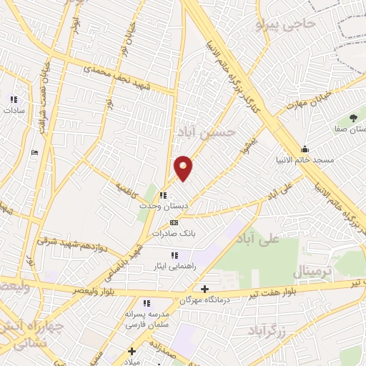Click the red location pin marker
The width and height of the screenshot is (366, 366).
pos(184,168)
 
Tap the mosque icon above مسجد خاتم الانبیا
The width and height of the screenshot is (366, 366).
pos(305,149)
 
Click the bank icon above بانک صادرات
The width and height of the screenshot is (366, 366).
pos(174,223)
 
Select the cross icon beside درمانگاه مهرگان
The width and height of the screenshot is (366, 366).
pos(205,290)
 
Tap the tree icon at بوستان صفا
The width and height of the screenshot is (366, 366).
pos(353,118)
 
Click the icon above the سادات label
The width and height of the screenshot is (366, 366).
pos(13,100)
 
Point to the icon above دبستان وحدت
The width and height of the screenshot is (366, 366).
pos(164,195)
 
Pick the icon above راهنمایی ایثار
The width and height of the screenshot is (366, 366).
pos(173,255)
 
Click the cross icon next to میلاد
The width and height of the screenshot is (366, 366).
pos(132,350)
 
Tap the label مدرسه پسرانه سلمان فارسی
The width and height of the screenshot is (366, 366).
pos(147,319)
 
